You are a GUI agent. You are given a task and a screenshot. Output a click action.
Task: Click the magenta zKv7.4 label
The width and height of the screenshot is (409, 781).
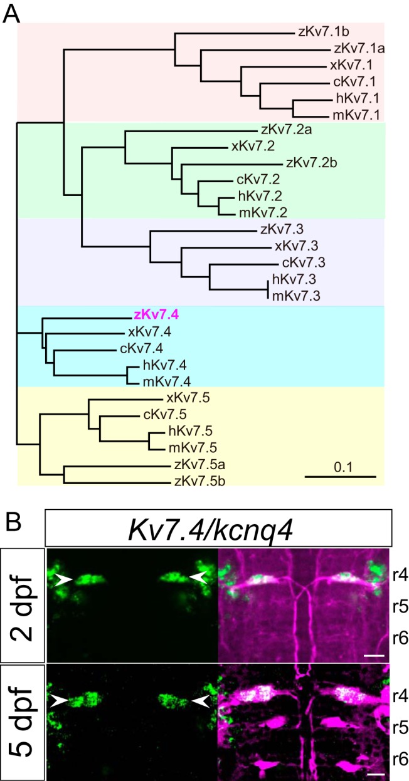156,315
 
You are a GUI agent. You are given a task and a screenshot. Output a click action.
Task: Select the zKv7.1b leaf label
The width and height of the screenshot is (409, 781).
324,32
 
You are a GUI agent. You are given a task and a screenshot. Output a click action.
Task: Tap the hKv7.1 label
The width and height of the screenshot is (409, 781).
358,98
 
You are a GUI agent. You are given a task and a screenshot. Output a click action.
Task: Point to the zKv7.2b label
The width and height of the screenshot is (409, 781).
312,163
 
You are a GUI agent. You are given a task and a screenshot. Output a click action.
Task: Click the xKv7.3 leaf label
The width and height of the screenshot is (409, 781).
297,246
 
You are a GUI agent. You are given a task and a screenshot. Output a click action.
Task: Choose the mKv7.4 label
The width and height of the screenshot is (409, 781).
167,382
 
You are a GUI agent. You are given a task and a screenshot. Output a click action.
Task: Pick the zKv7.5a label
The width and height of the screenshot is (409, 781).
199,465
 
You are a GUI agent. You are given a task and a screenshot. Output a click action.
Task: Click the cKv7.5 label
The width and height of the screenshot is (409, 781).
165,414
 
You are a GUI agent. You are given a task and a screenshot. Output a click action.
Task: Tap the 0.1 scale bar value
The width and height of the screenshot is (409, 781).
343,467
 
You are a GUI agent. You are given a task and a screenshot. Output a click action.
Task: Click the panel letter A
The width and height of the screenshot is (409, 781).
11,14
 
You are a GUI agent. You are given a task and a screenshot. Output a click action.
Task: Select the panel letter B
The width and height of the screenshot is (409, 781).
13,522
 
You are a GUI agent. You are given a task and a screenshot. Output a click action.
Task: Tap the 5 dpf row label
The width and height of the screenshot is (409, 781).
23,722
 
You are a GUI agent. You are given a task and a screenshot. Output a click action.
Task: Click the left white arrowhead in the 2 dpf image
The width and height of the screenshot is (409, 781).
63,580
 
